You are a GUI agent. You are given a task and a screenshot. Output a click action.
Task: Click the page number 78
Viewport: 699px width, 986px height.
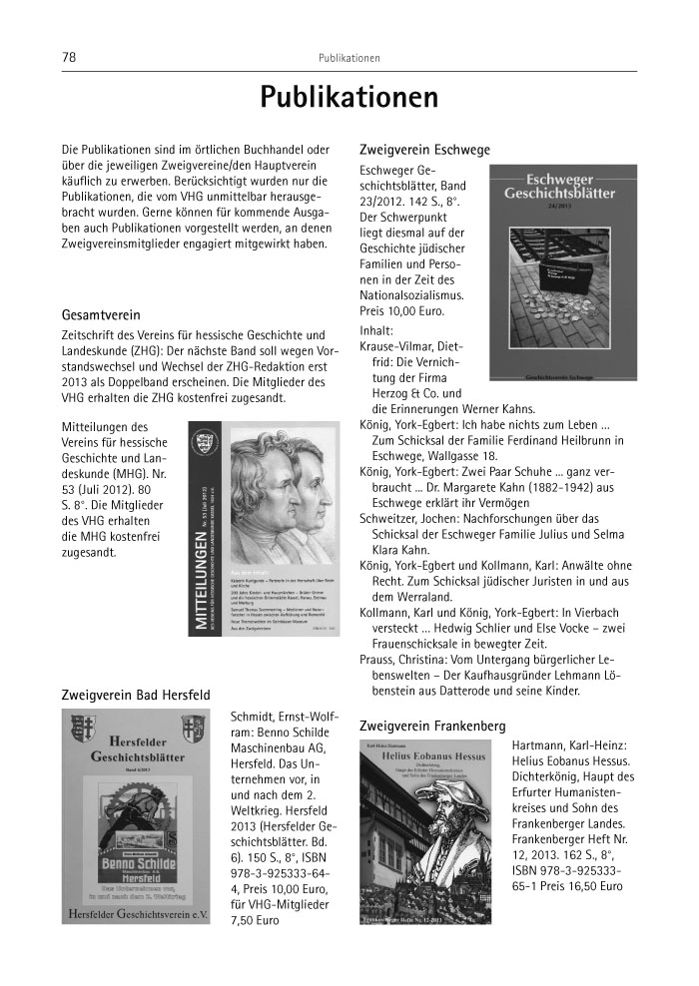(69, 57)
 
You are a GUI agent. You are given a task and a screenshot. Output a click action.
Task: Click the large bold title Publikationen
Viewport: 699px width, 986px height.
(349, 98)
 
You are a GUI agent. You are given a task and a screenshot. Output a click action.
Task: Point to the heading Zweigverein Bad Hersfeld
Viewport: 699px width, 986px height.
(136, 694)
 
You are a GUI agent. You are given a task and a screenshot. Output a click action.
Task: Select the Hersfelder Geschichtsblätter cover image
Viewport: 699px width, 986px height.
(136, 815)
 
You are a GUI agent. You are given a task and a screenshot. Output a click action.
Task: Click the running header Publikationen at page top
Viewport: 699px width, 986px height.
(349, 57)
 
